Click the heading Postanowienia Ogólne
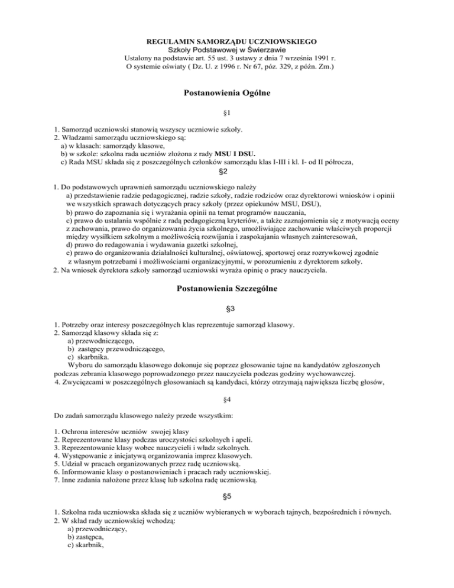227,92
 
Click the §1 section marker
227,112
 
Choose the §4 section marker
227,383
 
